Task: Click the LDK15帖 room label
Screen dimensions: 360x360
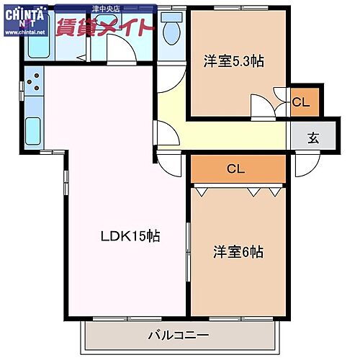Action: tap(130, 236)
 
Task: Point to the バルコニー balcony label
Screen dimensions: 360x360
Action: tap(179, 335)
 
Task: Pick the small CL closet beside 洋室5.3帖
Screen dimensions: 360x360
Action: tap(301, 102)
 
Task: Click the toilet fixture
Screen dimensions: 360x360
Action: tap(171, 30)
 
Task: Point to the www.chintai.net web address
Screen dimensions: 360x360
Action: tap(23, 32)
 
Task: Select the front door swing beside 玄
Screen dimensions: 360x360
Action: tap(304, 164)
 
